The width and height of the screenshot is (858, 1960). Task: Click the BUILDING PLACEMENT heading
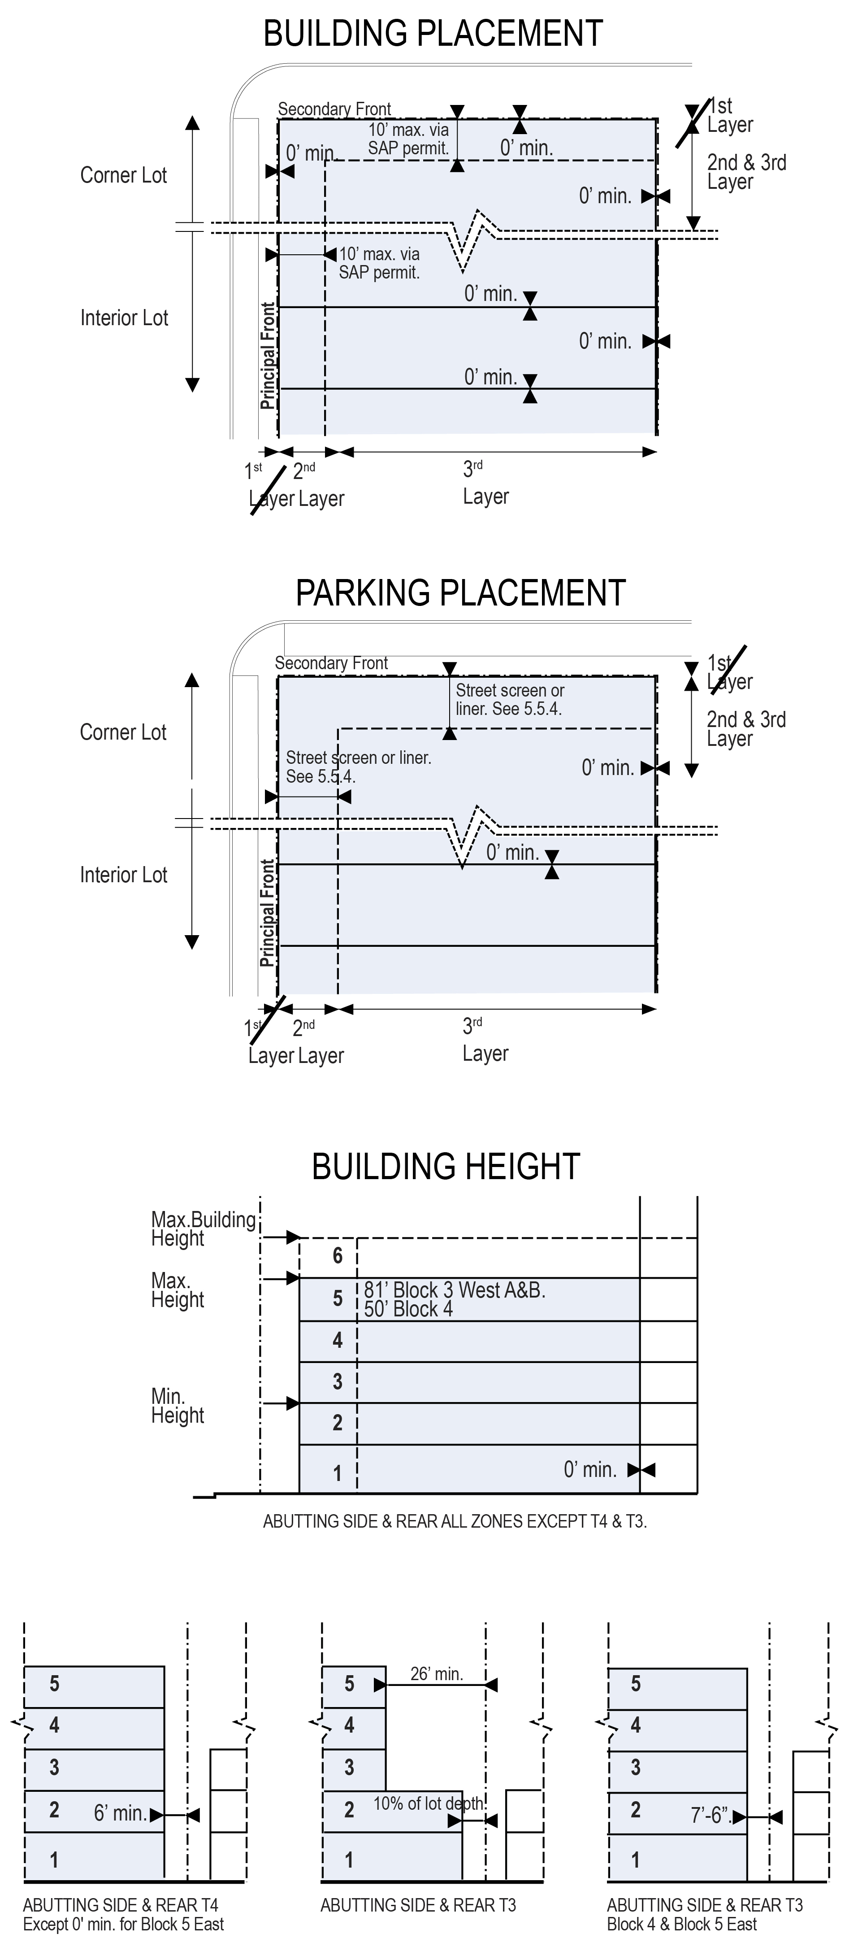click(432, 34)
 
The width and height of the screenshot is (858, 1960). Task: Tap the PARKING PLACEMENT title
click(460, 593)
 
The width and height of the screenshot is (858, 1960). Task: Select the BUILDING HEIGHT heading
click(446, 1167)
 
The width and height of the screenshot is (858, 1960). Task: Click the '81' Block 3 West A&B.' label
click(454, 1289)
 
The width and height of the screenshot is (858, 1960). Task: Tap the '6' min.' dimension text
click(119, 1814)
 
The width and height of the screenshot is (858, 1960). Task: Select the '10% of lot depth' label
click(428, 1804)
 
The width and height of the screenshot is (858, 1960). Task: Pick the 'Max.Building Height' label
click(203, 1229)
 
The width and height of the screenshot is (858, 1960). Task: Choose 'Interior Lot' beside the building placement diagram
click(124, 318)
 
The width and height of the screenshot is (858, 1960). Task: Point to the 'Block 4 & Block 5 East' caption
click(681, 1924)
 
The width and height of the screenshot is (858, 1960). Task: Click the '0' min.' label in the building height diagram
click(589, 1469)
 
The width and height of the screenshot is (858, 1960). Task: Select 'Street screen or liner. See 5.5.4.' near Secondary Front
click(509, 699)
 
